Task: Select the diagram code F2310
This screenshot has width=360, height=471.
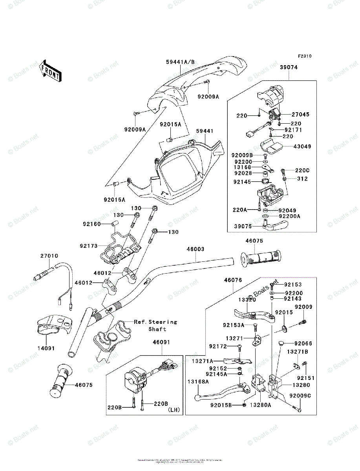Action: (x=304, y=56)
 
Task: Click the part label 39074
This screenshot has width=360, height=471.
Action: (x=289, y=67)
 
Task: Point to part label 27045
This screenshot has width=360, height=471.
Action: (x=300, y=115)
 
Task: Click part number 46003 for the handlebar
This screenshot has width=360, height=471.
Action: (x=195, y=249)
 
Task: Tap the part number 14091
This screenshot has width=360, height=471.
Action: (x=46, y=348)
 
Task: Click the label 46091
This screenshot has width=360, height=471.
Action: (x=161, y=342)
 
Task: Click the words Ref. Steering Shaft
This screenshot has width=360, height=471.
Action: (x=156, y=325)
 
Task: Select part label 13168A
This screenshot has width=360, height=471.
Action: (x=198, y=382)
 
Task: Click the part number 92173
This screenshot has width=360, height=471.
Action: (x=89, y=246)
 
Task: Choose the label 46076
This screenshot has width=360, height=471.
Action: (x=233, y=280)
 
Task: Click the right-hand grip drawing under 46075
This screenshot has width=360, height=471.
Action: (x=261, y=259)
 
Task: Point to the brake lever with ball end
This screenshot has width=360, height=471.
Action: (x=220, y=392)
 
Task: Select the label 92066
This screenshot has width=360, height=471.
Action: (x=303, y=343)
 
